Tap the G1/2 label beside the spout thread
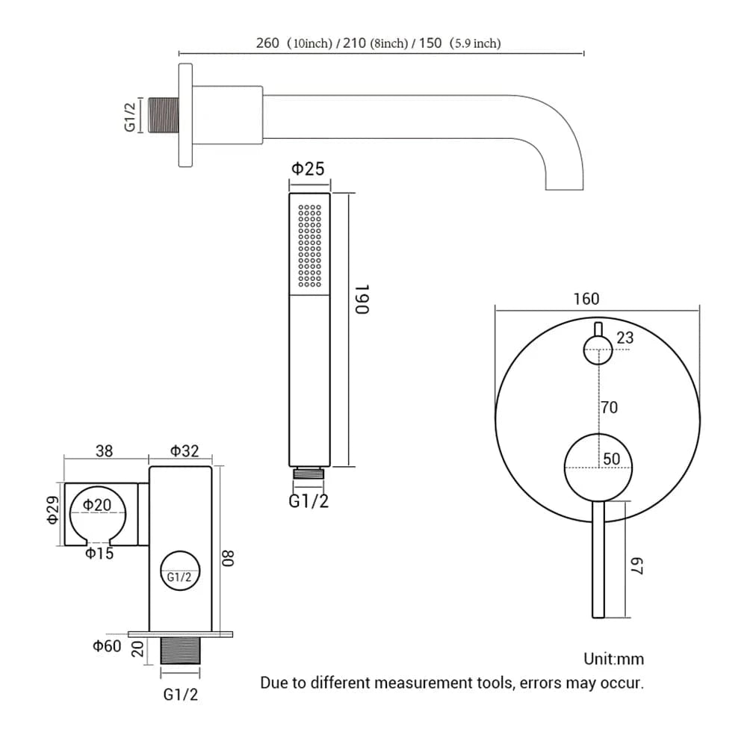[130, 116]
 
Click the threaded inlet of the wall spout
[164, 116]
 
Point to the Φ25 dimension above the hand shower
[308, 169]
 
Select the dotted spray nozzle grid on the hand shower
[309, 245]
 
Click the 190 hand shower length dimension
[362, 299]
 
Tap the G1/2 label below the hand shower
[309, 501]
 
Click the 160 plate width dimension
[586, 299]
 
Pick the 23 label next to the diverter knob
[625, 338]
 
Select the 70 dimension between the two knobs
[609, 408]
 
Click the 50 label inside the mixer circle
[611, 459]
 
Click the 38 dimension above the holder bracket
[105, 450]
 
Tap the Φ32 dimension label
[185, 450]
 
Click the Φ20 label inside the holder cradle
[97, 505]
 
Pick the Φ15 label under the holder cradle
[99, 554]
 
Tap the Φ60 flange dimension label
[107, 646]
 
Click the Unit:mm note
[613, 659]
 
